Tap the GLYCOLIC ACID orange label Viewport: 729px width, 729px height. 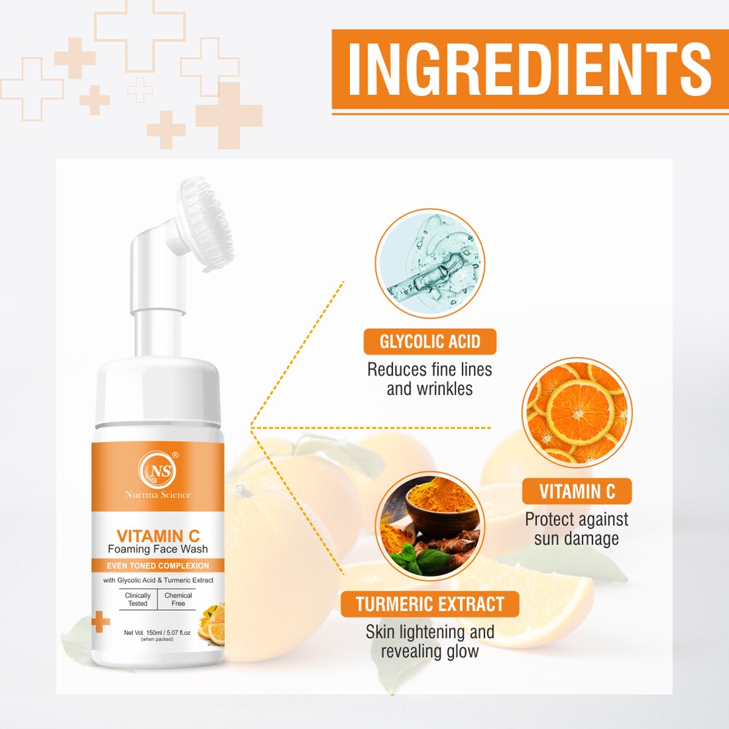(430, 342)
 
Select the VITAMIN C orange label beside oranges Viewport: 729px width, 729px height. (577, 491)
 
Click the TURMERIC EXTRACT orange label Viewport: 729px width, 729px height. (430, 604)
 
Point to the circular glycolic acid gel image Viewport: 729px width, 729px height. (430, 263)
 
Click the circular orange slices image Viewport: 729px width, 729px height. (577, 412)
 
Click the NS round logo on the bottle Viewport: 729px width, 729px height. (157, 468)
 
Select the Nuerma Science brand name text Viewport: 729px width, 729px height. (157, 495)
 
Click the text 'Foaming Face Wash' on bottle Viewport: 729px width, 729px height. (157, 548)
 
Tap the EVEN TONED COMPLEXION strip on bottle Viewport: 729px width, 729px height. (157, 566)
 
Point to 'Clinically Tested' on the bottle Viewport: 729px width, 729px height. (138, 599)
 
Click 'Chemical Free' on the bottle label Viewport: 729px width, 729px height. (178, 599)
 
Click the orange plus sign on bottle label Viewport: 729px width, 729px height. (101, 622)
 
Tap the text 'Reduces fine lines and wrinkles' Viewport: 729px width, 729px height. (429, 378)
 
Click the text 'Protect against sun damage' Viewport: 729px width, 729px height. (577, 529)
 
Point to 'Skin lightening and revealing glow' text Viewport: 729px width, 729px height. (430, 641)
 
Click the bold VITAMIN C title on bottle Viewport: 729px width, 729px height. (157, 535)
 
